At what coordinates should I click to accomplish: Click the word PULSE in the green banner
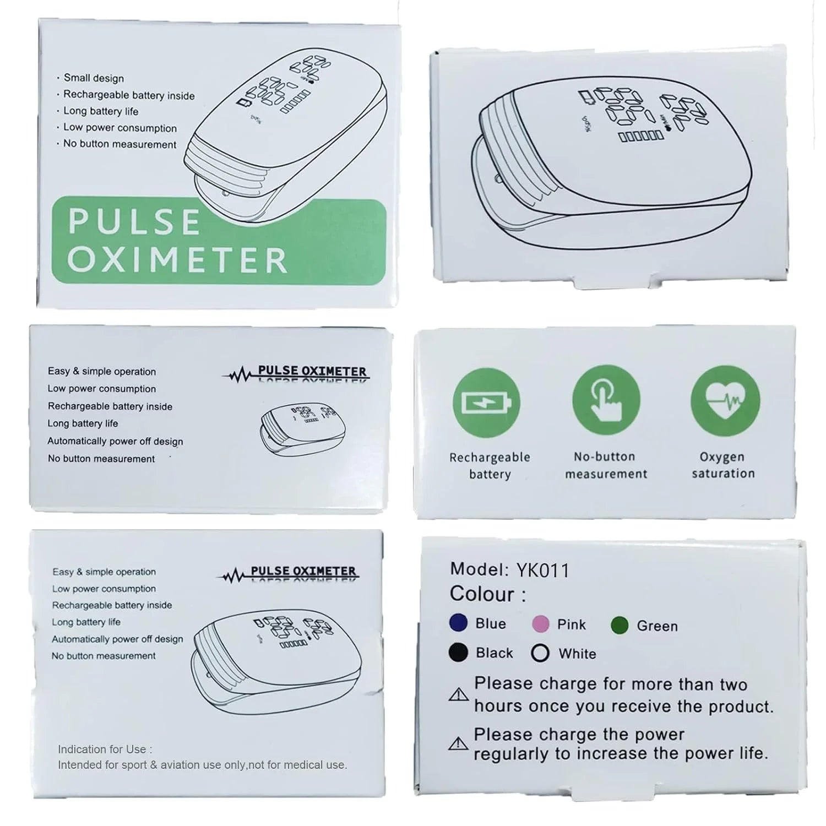click(134, 221)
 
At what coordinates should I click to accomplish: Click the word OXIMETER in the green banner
click(177, 260)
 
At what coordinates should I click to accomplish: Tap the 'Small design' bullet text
click(94, 78)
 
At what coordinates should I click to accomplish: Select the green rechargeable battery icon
click(486, 403)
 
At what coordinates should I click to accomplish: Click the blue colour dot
click(458, 623)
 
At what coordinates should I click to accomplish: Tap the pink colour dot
click(541, 624)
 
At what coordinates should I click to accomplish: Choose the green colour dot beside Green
click(619, 626)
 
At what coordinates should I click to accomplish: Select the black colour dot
click(458, 653)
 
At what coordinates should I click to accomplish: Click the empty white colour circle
click(540, 653)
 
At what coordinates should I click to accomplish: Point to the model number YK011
click(542, 570)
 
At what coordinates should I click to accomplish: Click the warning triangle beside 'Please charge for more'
click(458, 694)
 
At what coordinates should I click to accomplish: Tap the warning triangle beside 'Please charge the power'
click(458, 744)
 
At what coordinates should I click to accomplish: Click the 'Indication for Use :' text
click(105, 749)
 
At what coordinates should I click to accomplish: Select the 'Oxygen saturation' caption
click(723, 465)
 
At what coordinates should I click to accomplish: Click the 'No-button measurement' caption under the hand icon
click(606, 465)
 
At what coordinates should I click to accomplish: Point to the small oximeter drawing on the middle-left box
click(298, 429)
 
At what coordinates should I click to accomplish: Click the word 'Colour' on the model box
click(482, 594)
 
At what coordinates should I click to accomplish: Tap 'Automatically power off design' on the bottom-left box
click(117, 639)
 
